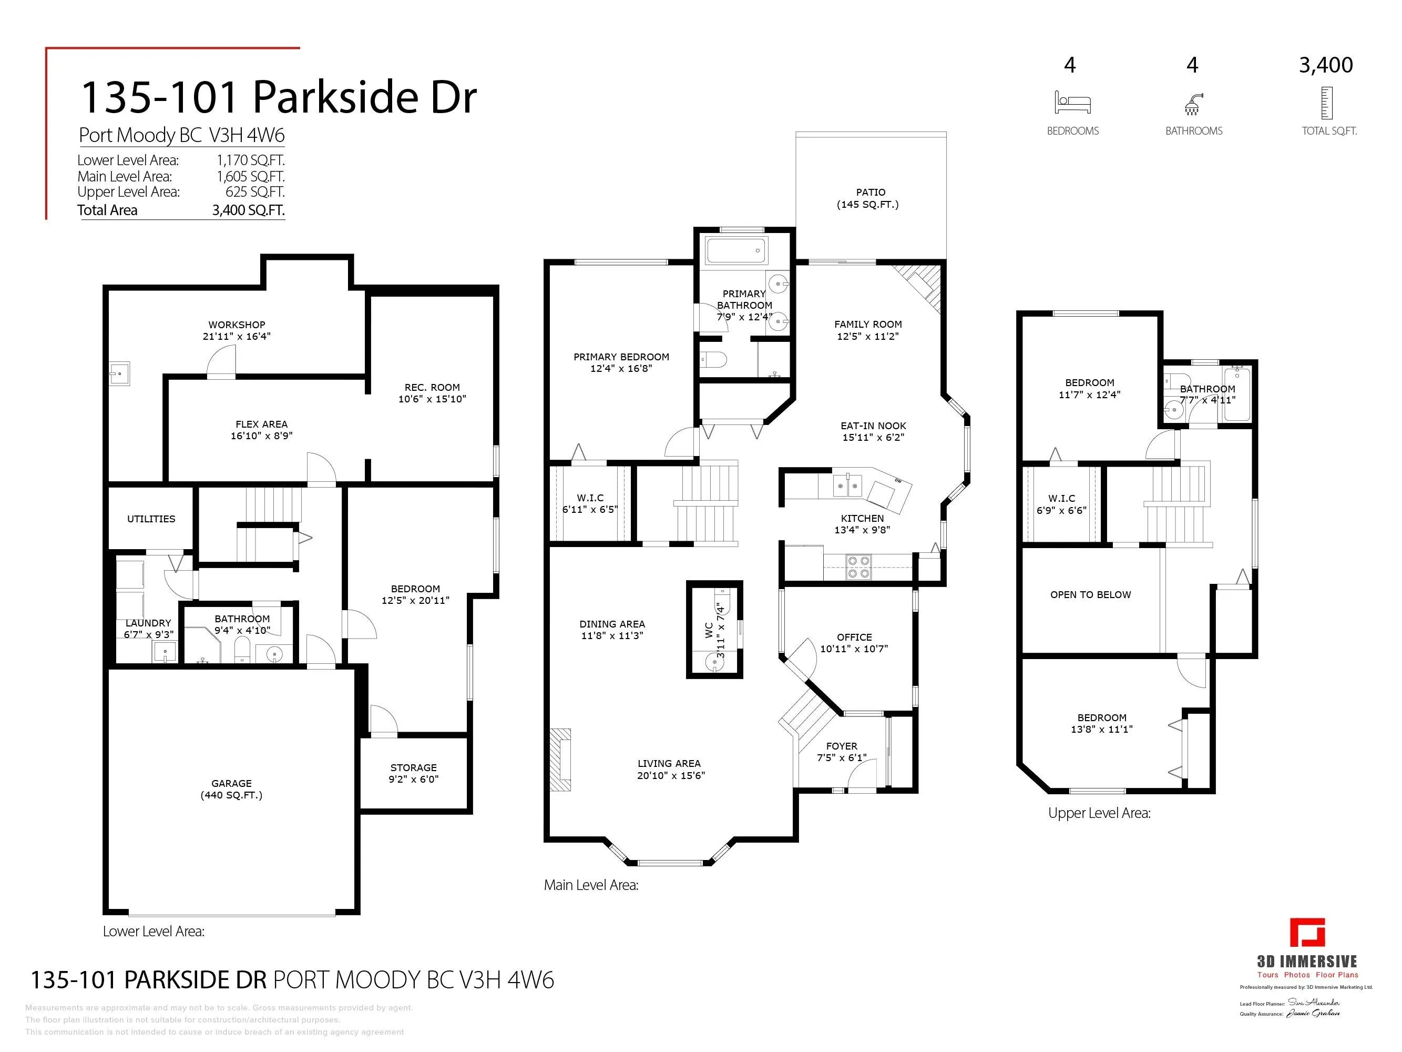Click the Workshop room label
(x=237, y=330)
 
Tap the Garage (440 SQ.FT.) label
(x=231, y=789)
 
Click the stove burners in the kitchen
(x=859, y=567)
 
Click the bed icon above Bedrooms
(x=1072, y=102)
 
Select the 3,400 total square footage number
(x=1325, y=65)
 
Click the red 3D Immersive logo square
(x=1307, y=932)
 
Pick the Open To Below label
(x=1090, y=594)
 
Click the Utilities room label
(x=151, y=519)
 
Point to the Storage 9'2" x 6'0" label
(x=413, y=773)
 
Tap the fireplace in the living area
(x=560, y=760)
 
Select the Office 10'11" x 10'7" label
(x=854, y=642)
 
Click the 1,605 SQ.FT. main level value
(x=250, y=176)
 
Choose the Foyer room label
(x=841, y=746)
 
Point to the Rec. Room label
(x=432, y=392)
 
